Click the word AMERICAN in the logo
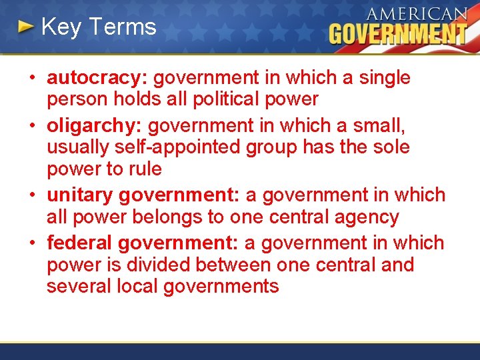[x=417, y=14]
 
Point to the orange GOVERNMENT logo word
[x=398, y=33]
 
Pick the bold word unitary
[x=79, y=195]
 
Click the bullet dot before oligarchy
[x=31, y=125]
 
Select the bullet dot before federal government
[x=31, y=243]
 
